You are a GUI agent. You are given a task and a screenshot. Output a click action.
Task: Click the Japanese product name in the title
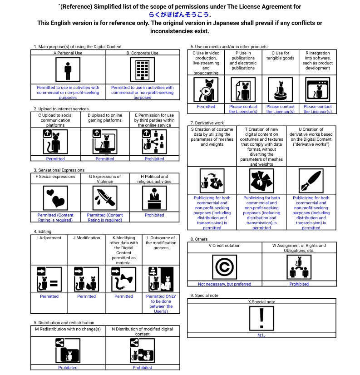click(x=179, y=15)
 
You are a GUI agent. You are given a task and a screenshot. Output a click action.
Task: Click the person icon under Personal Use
click(x=68, y=71)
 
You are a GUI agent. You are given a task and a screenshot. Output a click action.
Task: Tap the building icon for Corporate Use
click(x=142, y=71)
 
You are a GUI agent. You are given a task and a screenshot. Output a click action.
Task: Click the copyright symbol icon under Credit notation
click(x=224, y=267)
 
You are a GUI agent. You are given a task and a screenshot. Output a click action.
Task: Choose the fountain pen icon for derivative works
click(x=311, y=181)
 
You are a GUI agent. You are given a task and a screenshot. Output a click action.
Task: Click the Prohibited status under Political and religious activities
click(x=154, y=215)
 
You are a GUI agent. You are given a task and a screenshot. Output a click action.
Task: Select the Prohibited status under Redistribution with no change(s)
click(x=68, y=368)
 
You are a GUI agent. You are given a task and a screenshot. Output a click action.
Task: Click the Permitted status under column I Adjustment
click(x=49, y=296)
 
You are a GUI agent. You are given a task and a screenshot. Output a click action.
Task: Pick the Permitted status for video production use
click(x=206, y=107)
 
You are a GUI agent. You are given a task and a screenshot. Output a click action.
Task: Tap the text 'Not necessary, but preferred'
click(x=224, y=284)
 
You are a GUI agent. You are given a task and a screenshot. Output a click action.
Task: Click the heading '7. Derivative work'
click(x=207, y=123)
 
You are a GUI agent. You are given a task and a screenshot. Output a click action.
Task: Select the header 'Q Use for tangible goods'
click(x=280, y=56)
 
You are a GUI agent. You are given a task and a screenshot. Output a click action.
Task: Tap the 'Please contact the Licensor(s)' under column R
click(x=317, y=109)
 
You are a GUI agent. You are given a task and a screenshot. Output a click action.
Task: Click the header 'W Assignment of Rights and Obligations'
click(x=299, y=248)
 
